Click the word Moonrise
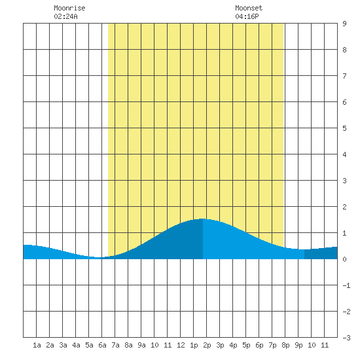69,8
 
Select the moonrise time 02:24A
65,16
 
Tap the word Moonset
249,8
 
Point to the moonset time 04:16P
247,16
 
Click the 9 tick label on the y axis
344,24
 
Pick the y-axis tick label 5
344,128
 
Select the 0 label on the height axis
344,259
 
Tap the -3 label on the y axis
346,338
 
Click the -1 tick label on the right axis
346,285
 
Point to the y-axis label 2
344,207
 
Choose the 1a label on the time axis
37,345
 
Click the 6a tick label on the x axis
102,345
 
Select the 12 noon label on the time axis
181,345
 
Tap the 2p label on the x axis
207,345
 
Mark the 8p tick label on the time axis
285,345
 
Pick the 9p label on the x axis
298,345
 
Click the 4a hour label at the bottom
76,345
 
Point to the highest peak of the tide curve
202,219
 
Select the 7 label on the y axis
344,76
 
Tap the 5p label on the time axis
246,345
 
